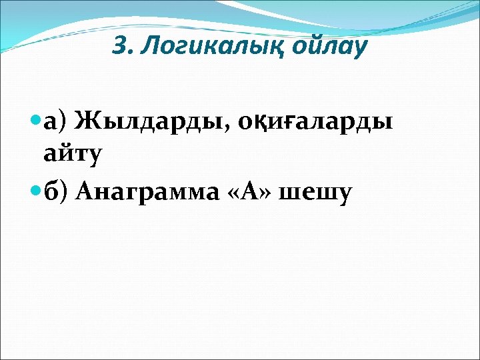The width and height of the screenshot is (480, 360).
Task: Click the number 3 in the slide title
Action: click(119, 47)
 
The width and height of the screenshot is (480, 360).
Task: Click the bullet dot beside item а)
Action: click(36, 121)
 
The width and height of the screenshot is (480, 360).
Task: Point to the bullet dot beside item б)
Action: click(36, 192)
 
